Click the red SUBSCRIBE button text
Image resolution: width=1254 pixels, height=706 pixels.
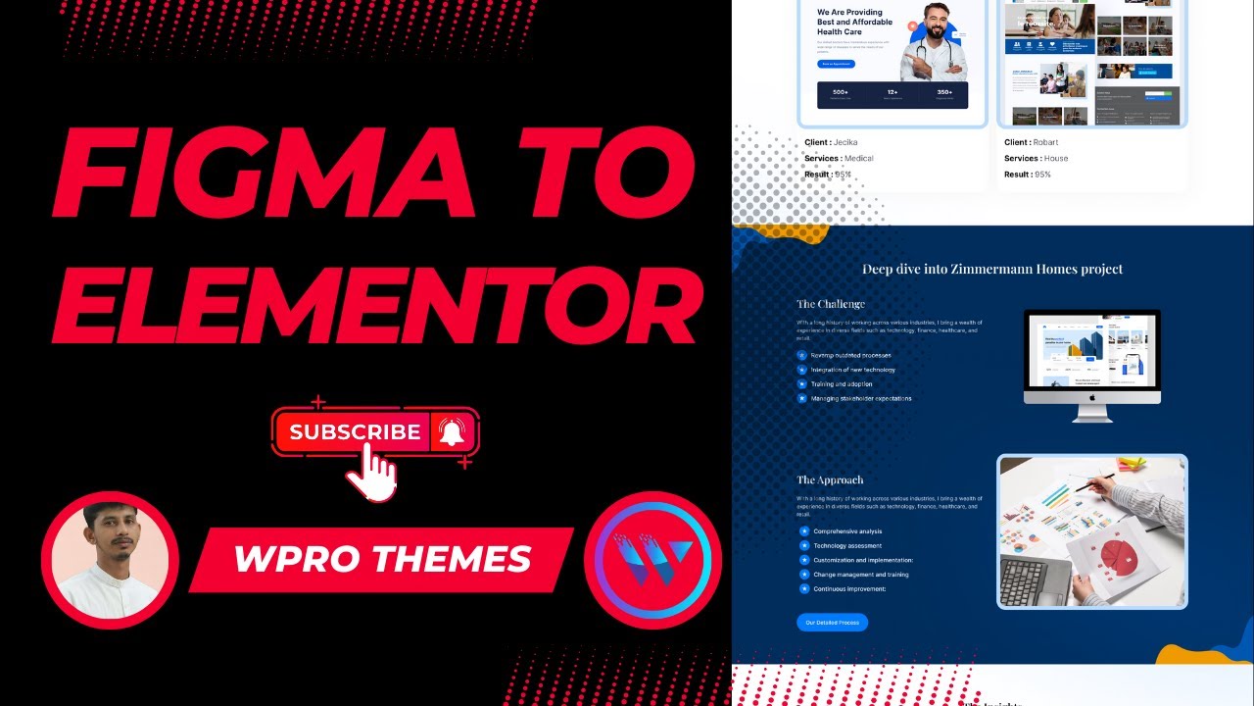[355, 431]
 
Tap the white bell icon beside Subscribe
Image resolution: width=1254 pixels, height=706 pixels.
[452, 431]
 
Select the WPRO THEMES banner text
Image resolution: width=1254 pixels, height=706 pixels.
[382, 559]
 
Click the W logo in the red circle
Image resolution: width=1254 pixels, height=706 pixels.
[652, 560]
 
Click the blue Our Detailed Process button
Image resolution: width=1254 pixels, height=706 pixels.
[832, 623]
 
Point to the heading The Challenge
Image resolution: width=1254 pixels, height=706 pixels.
[831, 304]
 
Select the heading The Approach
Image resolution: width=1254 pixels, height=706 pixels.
[830, 479]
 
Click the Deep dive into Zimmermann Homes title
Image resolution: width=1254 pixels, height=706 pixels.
[992, 269]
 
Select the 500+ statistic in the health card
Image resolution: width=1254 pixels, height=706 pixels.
[841, 92]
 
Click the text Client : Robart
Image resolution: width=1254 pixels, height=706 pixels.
[1032, 142]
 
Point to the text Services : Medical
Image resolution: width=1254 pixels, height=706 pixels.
[839, 158]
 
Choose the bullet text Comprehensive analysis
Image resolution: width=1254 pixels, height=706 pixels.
[847, 531]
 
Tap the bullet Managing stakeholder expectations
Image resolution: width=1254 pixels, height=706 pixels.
[861, 398]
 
